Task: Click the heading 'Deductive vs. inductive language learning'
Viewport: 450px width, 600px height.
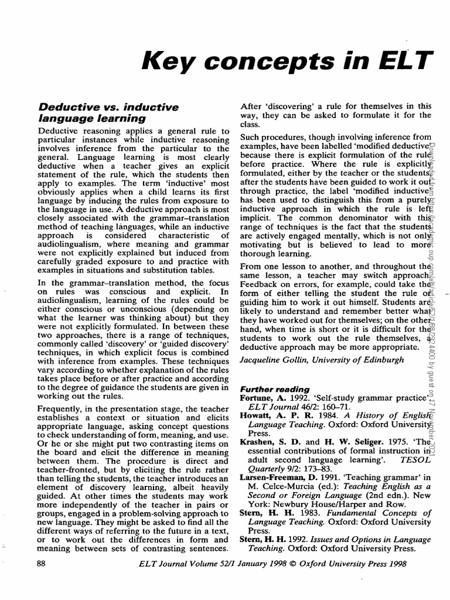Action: click(108, 112)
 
